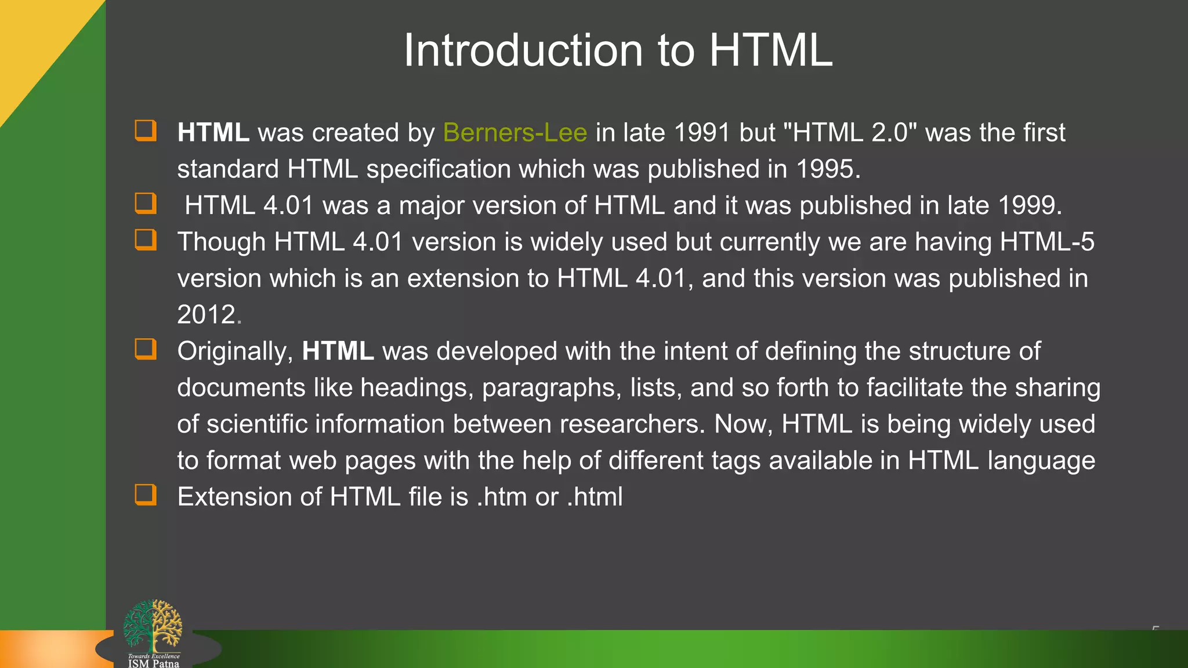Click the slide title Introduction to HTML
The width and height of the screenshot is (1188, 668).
(x=618, y=50)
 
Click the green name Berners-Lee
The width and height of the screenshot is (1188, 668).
(x=515, y=133)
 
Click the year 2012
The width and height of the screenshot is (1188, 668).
(x=207, y=315)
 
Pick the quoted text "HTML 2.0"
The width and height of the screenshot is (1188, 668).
(x=850, y=133)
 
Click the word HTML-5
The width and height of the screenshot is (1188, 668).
(x=1047, y=242)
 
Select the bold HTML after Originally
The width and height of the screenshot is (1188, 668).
(x=338, y=351)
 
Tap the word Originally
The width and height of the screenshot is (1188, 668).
(x=234, y=351)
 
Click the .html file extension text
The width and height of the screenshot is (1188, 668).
(x=595, y=497)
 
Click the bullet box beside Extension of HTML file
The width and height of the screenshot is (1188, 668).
(x=146, y=495)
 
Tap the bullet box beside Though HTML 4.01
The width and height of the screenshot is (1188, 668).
(x=146, y=239)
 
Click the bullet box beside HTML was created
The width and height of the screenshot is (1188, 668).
(x=146, y=130)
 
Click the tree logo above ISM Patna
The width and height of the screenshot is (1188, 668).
(x=153, y=625)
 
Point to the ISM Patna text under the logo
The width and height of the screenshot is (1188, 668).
(x=154, y=663)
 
